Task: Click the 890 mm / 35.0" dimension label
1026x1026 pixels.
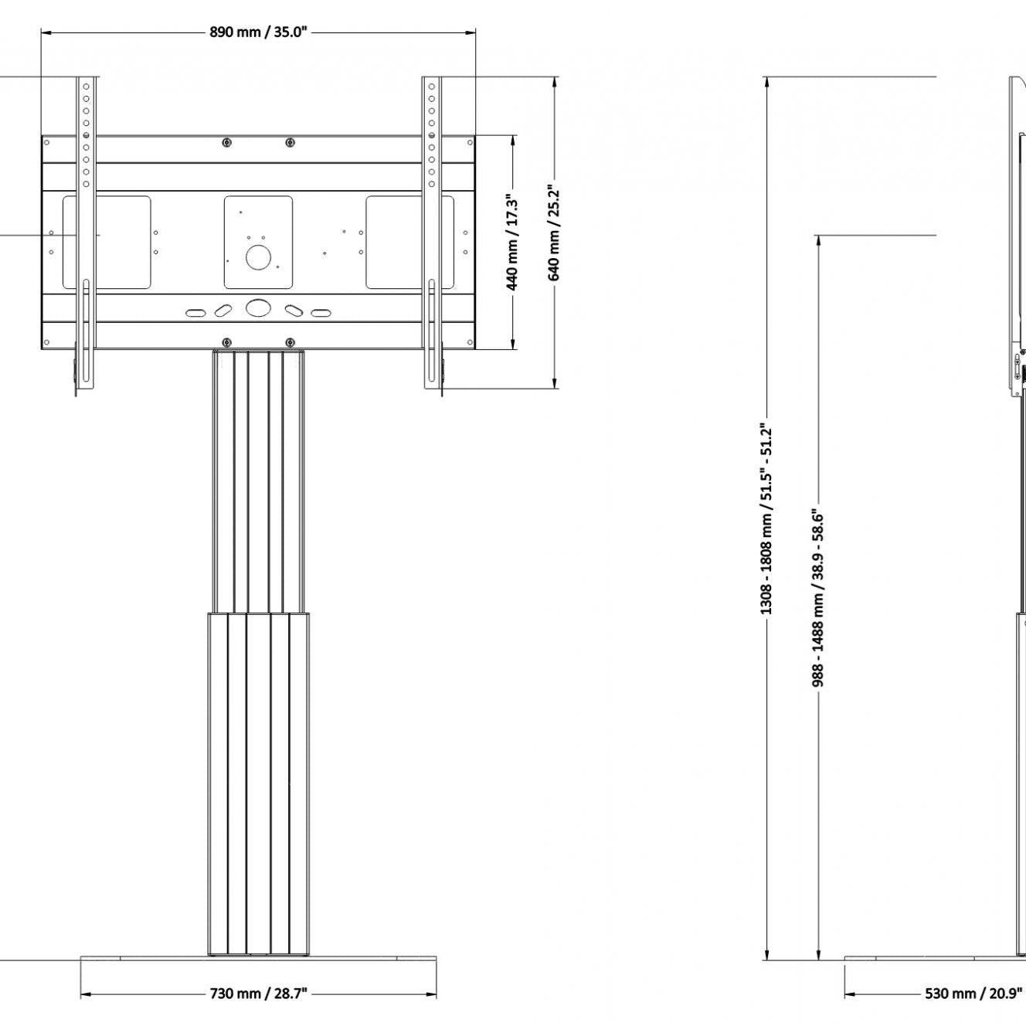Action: tap(258, 32)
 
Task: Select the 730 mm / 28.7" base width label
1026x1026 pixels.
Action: tap(258, 993)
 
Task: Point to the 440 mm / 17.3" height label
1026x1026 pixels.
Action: tap(514, 243)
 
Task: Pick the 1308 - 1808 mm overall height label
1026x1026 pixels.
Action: tap(766, 518)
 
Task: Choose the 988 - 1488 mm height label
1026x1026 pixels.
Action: tap(818, 596)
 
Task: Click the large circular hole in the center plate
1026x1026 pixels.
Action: tap(258, 256)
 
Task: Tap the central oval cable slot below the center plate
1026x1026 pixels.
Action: tap(258, 307)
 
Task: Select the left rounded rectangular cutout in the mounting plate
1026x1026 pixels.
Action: tap(107, 243)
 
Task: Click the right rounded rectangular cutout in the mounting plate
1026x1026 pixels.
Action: tap(409, 243)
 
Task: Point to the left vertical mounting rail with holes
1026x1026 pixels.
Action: tap(86, 232)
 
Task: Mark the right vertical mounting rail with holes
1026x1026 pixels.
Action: tap(432, 232)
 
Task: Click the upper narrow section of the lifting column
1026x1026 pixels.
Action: tap(258, 479)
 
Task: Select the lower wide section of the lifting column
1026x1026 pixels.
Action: tap(258, 780)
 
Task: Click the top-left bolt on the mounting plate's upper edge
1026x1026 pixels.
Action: tap(226, 142)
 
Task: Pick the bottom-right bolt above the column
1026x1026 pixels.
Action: tap(290, 342)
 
